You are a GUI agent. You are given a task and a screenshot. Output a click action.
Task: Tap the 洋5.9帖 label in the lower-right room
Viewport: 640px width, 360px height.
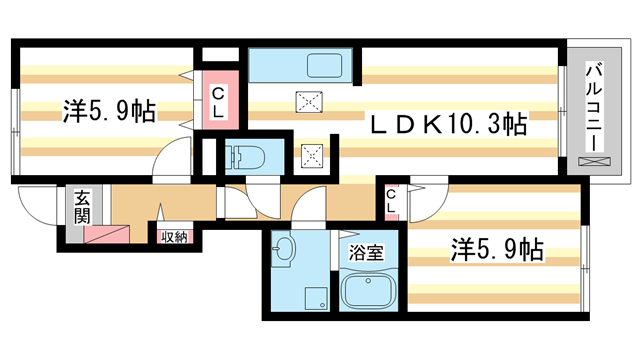click(497, 248)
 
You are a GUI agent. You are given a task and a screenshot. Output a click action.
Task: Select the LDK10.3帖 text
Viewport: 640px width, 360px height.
click(450, 124)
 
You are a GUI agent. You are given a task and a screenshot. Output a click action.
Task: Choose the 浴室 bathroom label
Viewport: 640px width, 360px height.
click(363, 253)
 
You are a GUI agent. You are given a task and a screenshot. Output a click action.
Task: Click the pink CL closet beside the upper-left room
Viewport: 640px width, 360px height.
click(218, 100)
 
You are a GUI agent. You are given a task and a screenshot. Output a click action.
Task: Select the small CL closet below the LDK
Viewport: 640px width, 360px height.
click(392, 202)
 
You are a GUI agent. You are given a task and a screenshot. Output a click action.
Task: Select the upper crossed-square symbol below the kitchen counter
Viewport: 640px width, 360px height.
click(307, 100)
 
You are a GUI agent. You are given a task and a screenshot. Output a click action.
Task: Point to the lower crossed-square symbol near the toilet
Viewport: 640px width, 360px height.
click(312, 154)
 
